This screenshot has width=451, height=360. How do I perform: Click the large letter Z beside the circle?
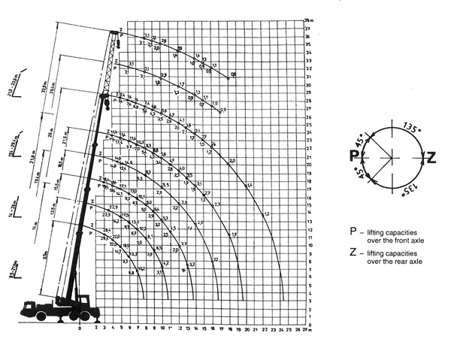pyautogui.click(x=430, y=157)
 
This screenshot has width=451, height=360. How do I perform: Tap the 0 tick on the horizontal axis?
pyautogui.click(x=80, y=328)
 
